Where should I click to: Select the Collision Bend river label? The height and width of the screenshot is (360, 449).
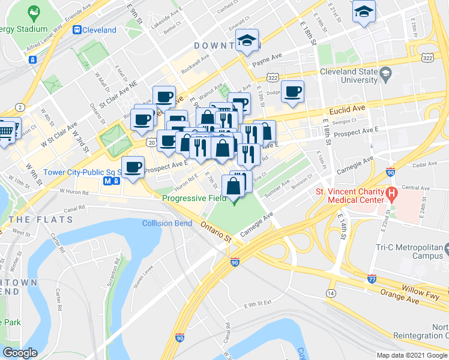click(x=167, y=224)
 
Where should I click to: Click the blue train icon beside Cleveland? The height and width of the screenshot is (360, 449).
click(x=77, y=29)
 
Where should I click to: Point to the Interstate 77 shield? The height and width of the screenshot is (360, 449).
click(x=372, y=278)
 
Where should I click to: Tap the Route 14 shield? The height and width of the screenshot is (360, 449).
click(x=331, y=293)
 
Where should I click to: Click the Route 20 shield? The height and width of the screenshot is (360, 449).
click(x=151, y=143)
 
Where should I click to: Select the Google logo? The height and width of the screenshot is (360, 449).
click(x=20, y=353)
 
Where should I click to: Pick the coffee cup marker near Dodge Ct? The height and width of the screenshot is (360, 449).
click(x=292, y=92)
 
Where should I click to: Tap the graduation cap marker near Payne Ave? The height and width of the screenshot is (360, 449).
click(x=247, y=40)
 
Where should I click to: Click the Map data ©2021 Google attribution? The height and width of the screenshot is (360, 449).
click(x=411, y=355)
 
